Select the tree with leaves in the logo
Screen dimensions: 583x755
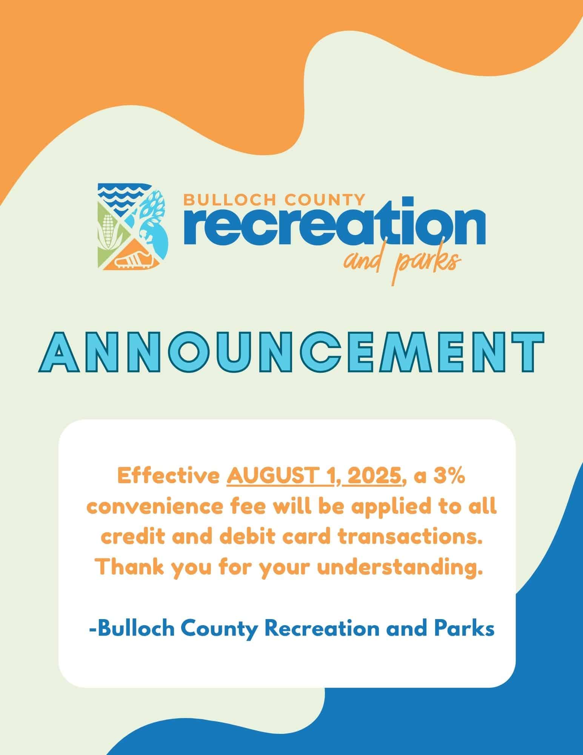pyautogui.click(x=154, y=215)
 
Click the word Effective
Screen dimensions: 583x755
pyautogui.click(x=169, y=476)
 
